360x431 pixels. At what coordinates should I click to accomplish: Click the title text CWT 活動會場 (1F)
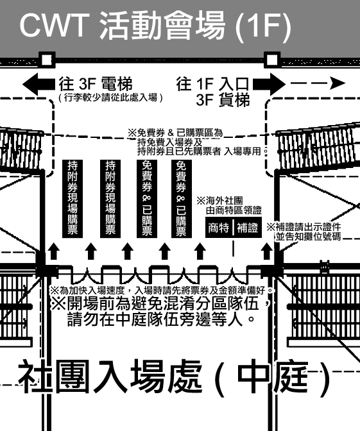(x=155, y=25)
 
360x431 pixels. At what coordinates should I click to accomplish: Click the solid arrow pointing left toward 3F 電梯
(x=39, y=84)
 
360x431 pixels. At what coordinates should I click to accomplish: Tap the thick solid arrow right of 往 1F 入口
(x=269, y=84)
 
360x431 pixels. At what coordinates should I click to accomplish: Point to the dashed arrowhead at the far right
(x=337, y=83)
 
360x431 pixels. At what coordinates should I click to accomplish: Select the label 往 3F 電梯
(x=96, y=84)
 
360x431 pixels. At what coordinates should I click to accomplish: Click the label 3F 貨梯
(x=223, y=100)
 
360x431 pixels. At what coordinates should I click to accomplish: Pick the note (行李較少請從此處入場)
(x=110, y=97)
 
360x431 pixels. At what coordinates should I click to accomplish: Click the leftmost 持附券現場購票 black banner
(x=73, y=199)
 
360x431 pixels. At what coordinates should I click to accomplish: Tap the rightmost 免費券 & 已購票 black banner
(x=182, y=199)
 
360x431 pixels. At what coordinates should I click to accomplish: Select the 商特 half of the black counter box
(x=219, y=227)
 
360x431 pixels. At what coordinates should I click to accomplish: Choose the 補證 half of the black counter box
(x=248, y=227)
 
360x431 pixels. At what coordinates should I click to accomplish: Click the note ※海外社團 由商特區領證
(x=229, y=206)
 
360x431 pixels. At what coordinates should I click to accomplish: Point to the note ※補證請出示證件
(x=304, y=227)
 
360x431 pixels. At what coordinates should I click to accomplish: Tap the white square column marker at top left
(x=47, y=60)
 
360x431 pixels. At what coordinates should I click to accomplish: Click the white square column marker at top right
(x=272, y=60)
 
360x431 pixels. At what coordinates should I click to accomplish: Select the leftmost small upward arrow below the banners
(x=54, y=251)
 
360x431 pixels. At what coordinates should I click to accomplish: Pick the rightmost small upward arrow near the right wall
(x=266, y=251)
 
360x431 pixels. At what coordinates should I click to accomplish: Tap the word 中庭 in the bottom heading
(x=272, y=376)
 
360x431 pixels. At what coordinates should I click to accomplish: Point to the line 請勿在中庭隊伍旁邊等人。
(x=161, y=319)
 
